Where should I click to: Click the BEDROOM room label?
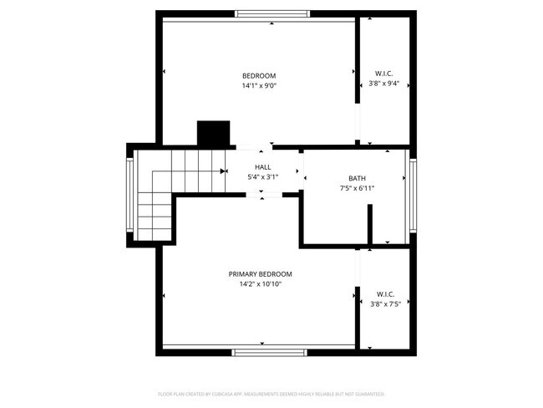(x=258, y=76)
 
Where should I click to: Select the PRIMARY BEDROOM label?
(x=261, y=274)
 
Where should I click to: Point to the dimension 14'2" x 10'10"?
(x=261, y=284)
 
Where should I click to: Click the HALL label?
(x=262, y=167)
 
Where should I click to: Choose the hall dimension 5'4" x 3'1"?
(x=262, y=177)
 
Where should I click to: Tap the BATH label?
(x=357, y=178)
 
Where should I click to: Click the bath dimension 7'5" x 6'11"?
(x=357, y=188)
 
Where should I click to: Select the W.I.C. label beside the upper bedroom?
(x=384, y=73)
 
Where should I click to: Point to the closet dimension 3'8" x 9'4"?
(x=384, y=84)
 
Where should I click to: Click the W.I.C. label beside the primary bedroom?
(x=385, y=294)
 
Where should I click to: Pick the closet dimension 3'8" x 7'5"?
(x=385, y=304)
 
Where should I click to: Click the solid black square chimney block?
(x=213, y=134)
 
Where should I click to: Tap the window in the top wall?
(x=272, y=14)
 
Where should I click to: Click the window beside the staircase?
(x=129, y=196)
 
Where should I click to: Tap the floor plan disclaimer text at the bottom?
(x=271, y=393)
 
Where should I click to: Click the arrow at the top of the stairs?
(x=224, y=171)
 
